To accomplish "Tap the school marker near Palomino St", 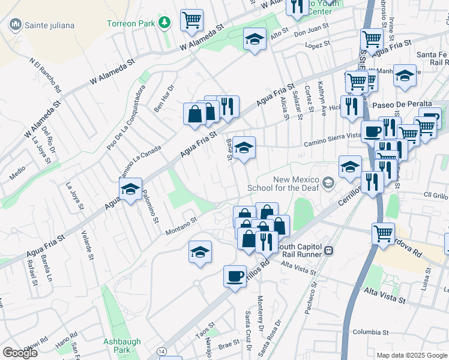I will point(130,189).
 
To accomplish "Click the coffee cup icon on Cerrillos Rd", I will point(235,276).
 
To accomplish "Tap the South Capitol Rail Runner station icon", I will point(328,250).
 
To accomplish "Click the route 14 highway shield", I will point(161,350).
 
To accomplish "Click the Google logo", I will point(20,353).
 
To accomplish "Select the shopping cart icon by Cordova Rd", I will point(383,233).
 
